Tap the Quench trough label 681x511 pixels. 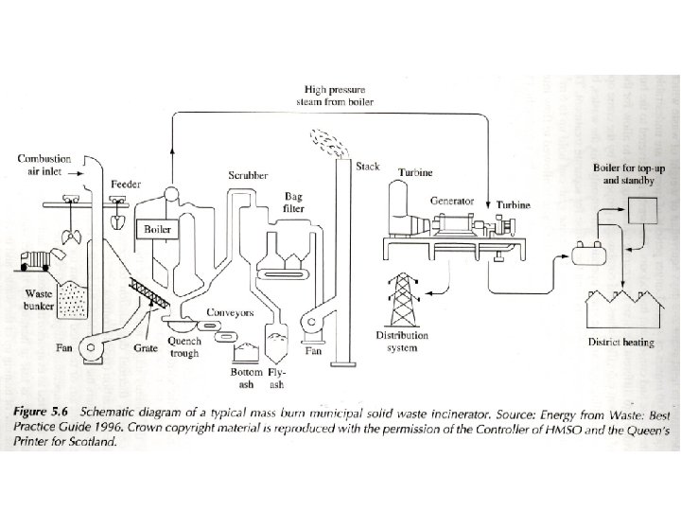pyautogui.click(x=183, y=347)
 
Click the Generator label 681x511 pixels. pyautogui.click(x=452, y=201)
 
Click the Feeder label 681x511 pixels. pyautogui.click(x=126, y=183)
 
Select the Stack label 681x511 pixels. pyautogui.click(x=368, y=167)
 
